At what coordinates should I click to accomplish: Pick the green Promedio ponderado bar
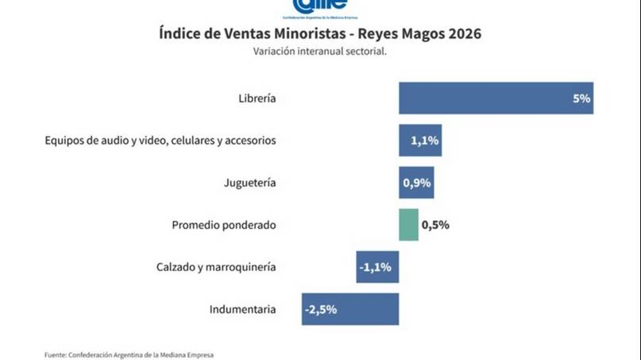(408, 225)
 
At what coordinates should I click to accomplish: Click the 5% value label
(581, 99)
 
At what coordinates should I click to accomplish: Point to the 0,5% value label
(435, 225)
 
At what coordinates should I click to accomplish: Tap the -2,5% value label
(320, 309)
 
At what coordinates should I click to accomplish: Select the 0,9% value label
(417, 183)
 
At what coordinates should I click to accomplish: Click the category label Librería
(257, 99)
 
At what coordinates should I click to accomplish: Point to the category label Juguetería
(250, 183)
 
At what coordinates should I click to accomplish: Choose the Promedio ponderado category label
(224, 225)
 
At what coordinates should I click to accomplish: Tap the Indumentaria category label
(243, 309)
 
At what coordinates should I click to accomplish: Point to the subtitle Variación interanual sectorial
(320, 52)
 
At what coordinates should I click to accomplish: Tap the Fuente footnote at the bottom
(129, 354)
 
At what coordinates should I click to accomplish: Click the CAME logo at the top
(320, 6)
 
